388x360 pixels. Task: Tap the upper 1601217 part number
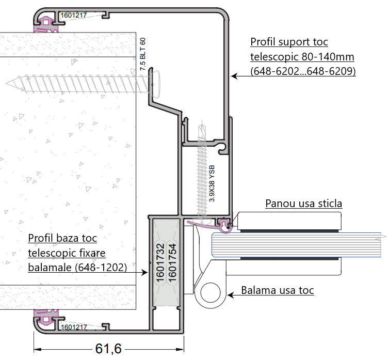[74, 15]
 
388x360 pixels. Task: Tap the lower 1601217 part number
[74, 326]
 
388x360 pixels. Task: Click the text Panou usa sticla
[303, 204]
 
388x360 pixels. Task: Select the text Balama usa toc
[277, 290]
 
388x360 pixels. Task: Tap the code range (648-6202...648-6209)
[303, 72]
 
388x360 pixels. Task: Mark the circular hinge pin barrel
[212, 293]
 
